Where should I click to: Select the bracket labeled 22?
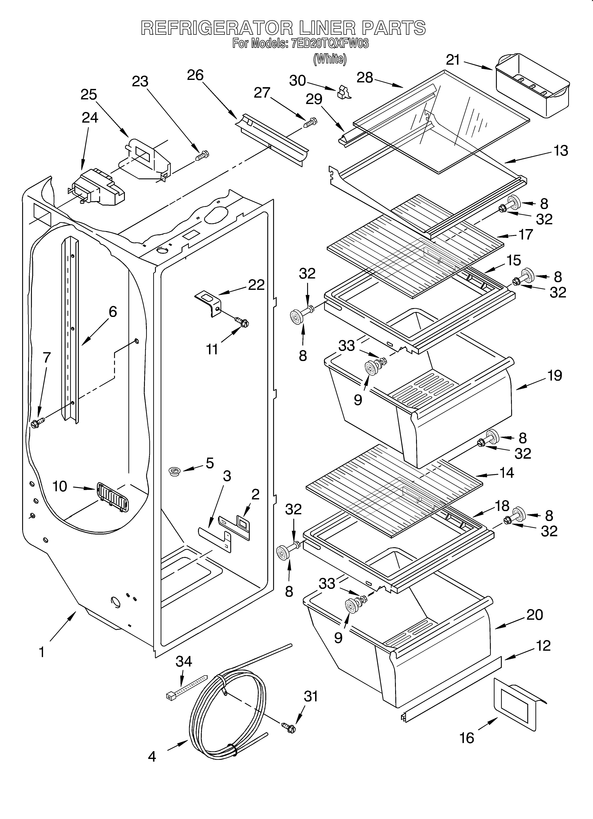click(208, 303)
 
